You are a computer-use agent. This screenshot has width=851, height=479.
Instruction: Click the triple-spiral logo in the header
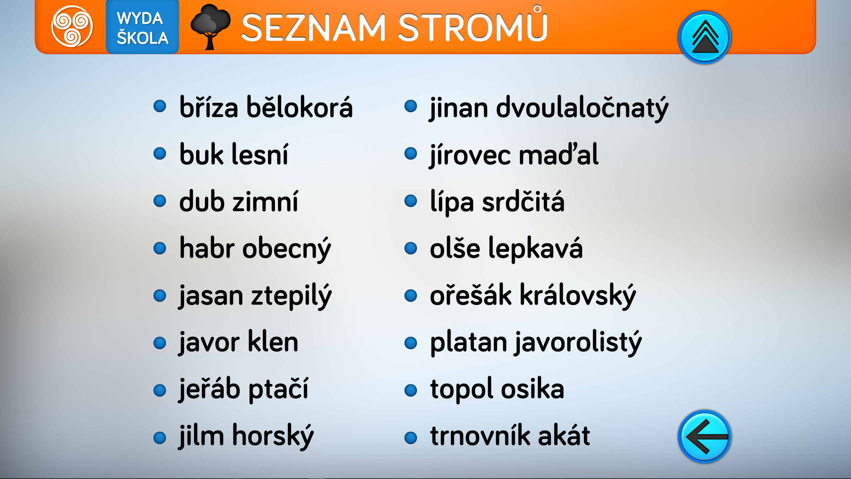coord(72,26)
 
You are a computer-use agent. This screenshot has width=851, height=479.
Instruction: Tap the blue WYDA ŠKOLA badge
coord(142,27)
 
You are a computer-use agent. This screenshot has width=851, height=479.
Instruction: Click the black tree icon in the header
coord(210,27)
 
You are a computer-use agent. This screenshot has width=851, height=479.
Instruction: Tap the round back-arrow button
coord(704,436)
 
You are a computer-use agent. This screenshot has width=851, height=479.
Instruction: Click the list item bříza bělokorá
coord(266,107)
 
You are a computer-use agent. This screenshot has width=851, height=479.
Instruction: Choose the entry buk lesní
coord(234,154)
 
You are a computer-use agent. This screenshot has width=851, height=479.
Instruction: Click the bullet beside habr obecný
coord(160,248)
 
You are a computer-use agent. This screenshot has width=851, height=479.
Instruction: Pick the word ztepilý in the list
coord(291,296)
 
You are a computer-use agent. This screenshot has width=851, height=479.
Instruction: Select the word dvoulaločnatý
coord(582,108)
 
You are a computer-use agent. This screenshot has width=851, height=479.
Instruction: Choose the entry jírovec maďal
coord(514,155)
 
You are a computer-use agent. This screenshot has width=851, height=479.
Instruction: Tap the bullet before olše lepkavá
coord(411,248)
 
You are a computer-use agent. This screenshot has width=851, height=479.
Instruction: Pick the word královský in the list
coord(578,296)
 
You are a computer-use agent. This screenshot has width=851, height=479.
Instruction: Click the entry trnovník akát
coord(510,435)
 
